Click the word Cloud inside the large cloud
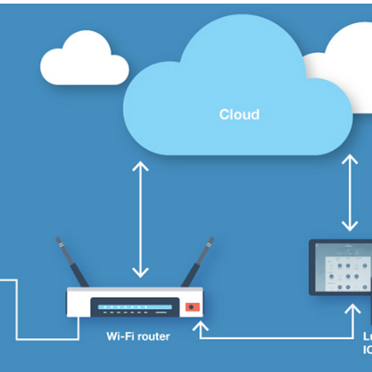(239, 114)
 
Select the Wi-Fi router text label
(138, 336)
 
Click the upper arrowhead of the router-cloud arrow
(141, 167)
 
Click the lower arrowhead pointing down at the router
(141, 274)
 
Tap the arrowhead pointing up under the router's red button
(203, 325)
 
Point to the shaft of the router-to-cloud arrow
(141, 220)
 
